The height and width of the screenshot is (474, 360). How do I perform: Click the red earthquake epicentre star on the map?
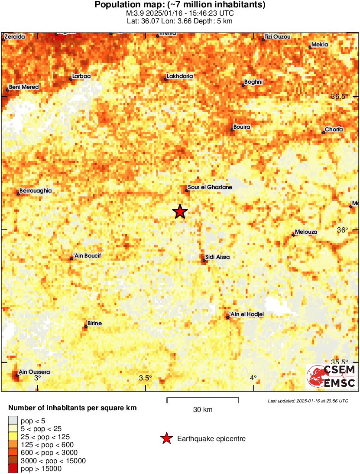180,212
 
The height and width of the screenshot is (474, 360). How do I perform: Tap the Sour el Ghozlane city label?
210,187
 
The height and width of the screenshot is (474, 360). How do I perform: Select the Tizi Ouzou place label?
277,37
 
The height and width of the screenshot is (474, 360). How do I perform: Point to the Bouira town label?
242,127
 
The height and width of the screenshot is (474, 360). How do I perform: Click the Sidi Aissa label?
217,257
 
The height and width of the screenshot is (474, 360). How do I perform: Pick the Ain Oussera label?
34,372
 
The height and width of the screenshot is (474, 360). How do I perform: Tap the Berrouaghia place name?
36,191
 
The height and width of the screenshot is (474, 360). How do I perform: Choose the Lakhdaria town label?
180,76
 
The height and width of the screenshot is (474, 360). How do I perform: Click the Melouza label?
306,232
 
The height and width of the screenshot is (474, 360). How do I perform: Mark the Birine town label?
94,324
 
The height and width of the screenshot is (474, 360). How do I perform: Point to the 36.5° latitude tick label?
339,96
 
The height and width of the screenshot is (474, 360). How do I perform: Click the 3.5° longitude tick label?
145,378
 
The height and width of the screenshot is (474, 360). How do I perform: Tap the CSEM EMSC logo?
331,376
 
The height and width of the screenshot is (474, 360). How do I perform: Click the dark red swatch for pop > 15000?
13,469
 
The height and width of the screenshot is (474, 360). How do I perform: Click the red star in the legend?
166,439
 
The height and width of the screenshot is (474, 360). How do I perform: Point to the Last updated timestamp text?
308,401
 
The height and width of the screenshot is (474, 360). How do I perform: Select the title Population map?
180,5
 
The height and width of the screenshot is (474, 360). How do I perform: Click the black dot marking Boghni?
243,85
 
